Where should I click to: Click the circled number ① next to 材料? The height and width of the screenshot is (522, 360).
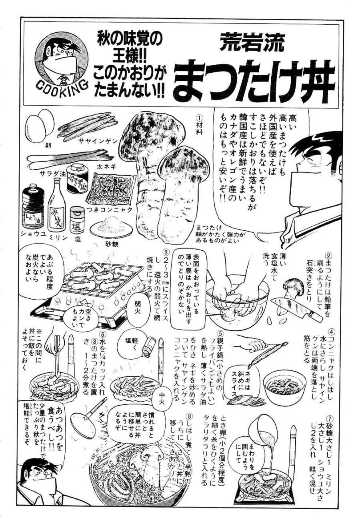(x=200, y=119)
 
